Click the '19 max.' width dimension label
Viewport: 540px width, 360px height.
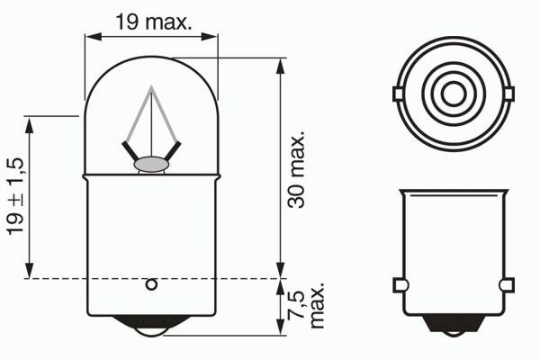[x=153, y=22]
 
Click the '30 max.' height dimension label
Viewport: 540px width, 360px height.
[x=296, y=169]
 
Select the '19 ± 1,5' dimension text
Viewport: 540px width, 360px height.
[x=15, y=197]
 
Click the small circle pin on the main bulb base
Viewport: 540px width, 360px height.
[x=151, y=284]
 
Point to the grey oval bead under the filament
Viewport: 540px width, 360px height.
[x=151, y=165]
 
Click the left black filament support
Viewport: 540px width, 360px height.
[x=130, y=151]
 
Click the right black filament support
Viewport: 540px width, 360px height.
[x=173, y=151]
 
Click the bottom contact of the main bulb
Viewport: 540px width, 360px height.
[x=151, y=326]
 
